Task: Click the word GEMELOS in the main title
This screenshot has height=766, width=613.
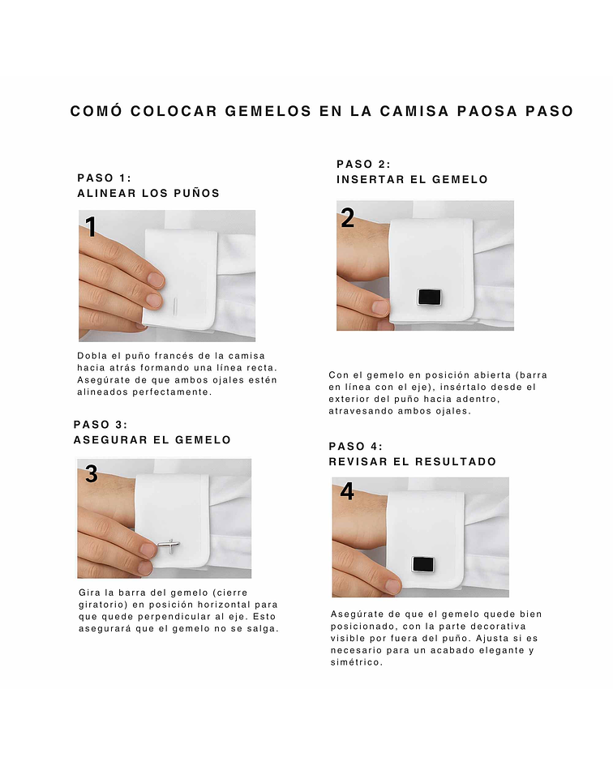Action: (268, 111)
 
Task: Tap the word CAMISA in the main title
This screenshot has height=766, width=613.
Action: (414, 111)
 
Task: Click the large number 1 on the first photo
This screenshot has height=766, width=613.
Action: (91, 227)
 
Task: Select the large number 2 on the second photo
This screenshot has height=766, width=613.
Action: (347, 217)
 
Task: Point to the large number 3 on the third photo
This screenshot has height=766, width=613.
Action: (92, 473)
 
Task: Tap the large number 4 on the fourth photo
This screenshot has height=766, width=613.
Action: (346, 491)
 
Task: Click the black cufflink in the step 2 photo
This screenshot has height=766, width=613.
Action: (429, 297)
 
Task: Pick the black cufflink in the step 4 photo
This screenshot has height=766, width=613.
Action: (422, 564)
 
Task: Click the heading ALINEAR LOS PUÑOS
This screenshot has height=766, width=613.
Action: (148, 194)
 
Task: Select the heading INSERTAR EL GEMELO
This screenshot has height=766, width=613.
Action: (412, 180)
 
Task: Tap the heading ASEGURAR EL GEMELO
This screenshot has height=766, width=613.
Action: (152, 440)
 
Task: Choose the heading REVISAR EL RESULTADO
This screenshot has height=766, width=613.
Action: (413, 462)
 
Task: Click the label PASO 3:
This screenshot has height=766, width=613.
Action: (101, 425)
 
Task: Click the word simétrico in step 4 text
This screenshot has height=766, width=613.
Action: (356, 662)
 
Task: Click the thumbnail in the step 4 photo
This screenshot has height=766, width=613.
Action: (392, 584)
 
